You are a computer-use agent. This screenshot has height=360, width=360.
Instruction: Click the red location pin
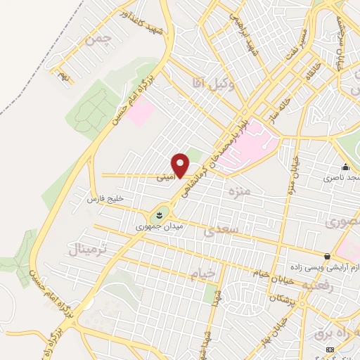(181, 165)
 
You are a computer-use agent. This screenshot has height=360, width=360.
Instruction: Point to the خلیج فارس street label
(105, 199)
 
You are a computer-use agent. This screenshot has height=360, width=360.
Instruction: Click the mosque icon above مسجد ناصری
(345, 167)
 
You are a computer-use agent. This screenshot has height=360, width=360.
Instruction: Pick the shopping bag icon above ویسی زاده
(327, 256)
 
